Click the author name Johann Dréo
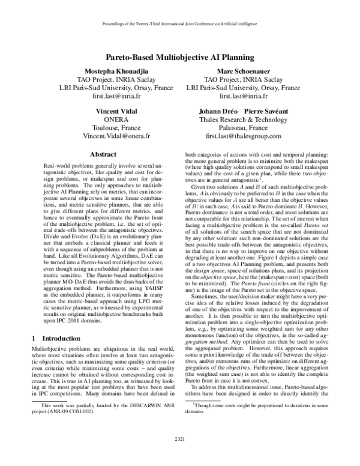219,112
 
